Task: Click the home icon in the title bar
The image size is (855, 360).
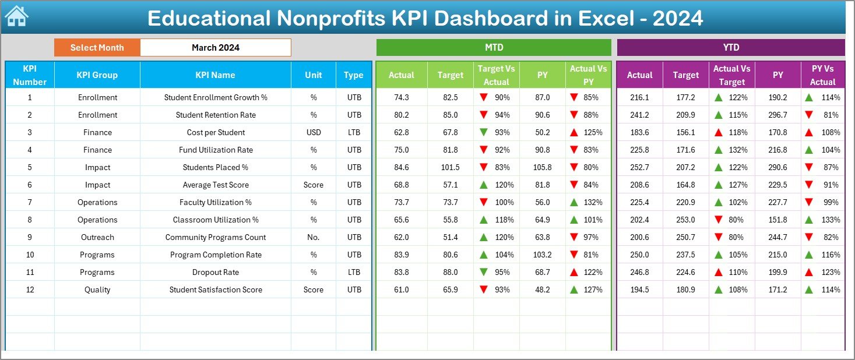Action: (x=16, y=17)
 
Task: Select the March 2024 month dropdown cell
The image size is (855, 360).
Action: (x=215, y=48)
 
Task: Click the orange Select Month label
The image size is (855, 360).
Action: (x=97, y=48)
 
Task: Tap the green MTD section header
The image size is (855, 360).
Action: (x=494, y=48)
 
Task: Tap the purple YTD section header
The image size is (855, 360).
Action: (x=730, y=48)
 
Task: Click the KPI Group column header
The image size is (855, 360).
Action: (x=97, y=75)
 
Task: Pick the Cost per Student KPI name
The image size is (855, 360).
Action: (x=215, y=132)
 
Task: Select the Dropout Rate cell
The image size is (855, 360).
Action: (x=215, y=272)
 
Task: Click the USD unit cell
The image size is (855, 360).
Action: (x=314, y=132)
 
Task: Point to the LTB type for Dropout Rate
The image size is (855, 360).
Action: (x=353, y=272)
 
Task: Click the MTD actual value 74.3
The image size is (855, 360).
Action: (x=401, y=97)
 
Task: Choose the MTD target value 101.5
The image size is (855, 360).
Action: (x=450, y=167)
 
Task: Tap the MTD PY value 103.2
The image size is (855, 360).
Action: (x=542, y=255)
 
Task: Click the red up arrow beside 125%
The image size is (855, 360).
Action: (x=574, y=132)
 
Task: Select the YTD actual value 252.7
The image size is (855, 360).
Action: (x=639, y=167)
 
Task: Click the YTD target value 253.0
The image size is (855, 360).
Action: (x=685, y=220)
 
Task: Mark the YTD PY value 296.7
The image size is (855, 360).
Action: (x=777, y=115)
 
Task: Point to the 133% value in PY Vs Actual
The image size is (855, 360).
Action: (x=831, y=220)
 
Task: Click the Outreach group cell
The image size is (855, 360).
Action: (x=97, y=237)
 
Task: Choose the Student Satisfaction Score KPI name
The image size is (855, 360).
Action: (x=215, y=290)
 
